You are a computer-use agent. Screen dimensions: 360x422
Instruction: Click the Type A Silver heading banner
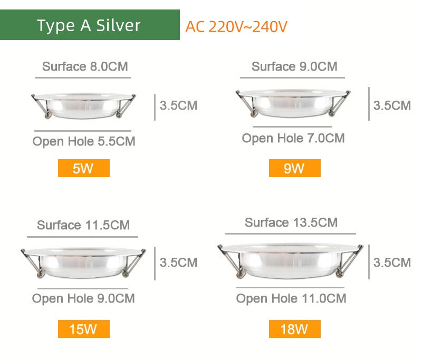(x=90, y=25)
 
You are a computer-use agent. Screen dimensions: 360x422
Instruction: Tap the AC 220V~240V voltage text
(x=236, y=27)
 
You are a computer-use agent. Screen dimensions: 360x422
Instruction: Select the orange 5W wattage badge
(x=83, y=169)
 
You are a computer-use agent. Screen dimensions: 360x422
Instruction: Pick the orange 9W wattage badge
(x=294, y=169)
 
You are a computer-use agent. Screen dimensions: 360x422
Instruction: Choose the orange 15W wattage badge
(x=83, y=329)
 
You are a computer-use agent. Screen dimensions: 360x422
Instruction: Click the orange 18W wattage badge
(x=294, y=329)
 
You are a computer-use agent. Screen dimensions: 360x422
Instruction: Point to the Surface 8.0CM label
(x=85, y=66)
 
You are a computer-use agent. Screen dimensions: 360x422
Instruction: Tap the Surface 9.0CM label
(x=294, y=66)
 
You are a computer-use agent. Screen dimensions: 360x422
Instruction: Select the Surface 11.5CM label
(x=83, y=226)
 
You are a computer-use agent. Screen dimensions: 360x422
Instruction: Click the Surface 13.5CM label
(x=291, y=222)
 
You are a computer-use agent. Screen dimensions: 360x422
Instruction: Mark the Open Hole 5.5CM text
(x=84, y=141)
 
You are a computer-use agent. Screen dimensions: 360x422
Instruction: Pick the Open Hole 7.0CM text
(x=293, y=138)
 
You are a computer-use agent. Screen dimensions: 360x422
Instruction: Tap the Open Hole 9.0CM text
(x=83, y=298)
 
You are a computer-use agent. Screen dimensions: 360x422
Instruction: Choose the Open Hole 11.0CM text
(x=291, y=298)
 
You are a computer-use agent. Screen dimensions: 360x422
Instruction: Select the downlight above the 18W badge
(x=291, y=261)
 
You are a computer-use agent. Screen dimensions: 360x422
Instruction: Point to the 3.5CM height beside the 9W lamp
(x=392, y=105)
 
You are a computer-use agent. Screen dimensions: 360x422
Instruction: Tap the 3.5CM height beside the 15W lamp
(x=178, y=262)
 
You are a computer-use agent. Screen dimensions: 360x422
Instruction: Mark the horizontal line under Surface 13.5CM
(x=290, y=233)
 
